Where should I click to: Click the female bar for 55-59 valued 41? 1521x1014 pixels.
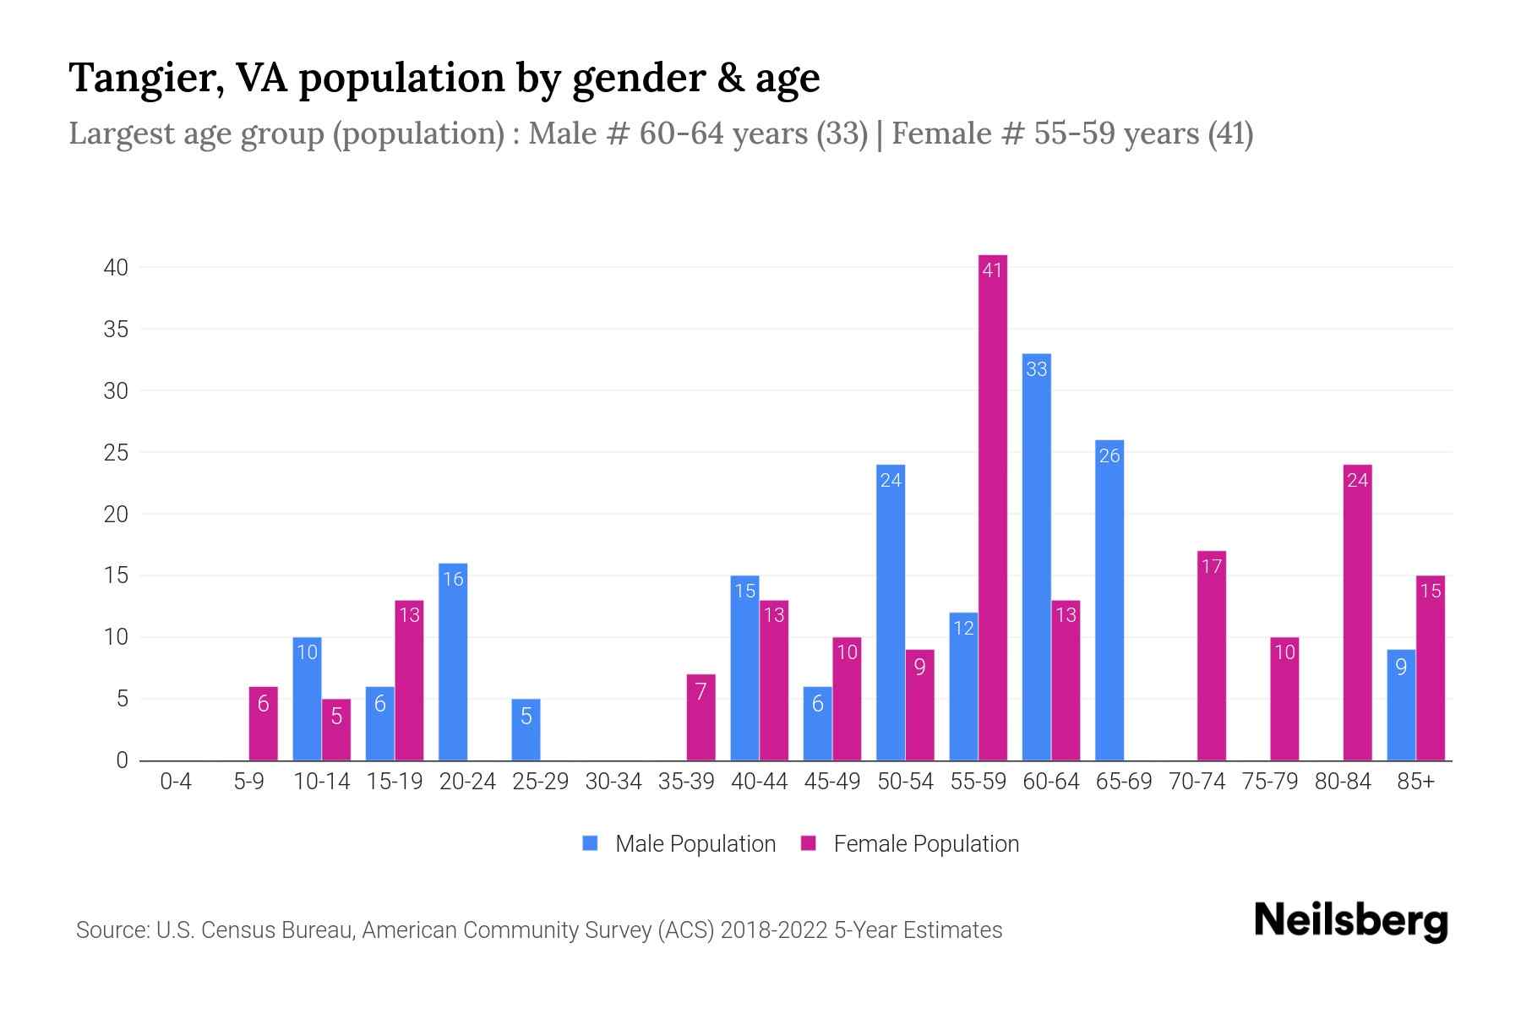992,507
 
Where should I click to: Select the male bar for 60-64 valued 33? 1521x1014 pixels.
1036,558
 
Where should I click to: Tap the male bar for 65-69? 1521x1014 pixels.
1109,600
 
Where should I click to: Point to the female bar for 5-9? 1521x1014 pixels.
263,723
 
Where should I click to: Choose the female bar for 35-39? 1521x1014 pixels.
701,717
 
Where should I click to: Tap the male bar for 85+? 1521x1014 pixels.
1400,705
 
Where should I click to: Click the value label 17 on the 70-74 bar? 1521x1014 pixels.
1211,566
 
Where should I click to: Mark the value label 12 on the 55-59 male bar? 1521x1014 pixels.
963,628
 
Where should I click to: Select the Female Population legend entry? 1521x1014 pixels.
910,843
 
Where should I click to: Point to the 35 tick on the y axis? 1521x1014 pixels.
116,330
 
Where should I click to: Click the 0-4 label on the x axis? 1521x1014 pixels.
176,782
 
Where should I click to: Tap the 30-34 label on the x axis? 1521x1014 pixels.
613,782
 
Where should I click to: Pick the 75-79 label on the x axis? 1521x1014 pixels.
1269,782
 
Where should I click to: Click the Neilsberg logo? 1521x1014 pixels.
1350,921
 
